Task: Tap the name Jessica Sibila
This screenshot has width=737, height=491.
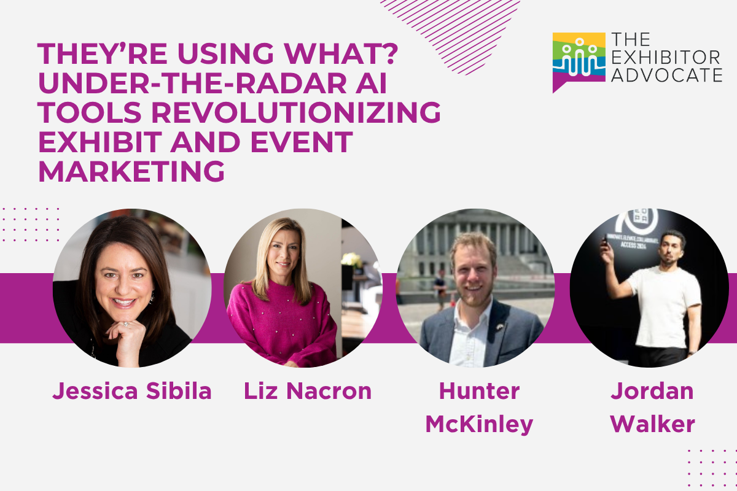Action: tap(132, 391)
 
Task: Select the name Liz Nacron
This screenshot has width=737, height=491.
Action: tap(308, 391)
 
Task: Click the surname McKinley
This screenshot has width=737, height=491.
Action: tap(479, 424)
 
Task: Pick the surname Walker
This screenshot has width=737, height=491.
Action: tap(652, 424)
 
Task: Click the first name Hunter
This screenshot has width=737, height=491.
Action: tap(479, 391)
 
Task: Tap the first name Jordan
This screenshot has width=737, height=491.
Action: tap(652, 391)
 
